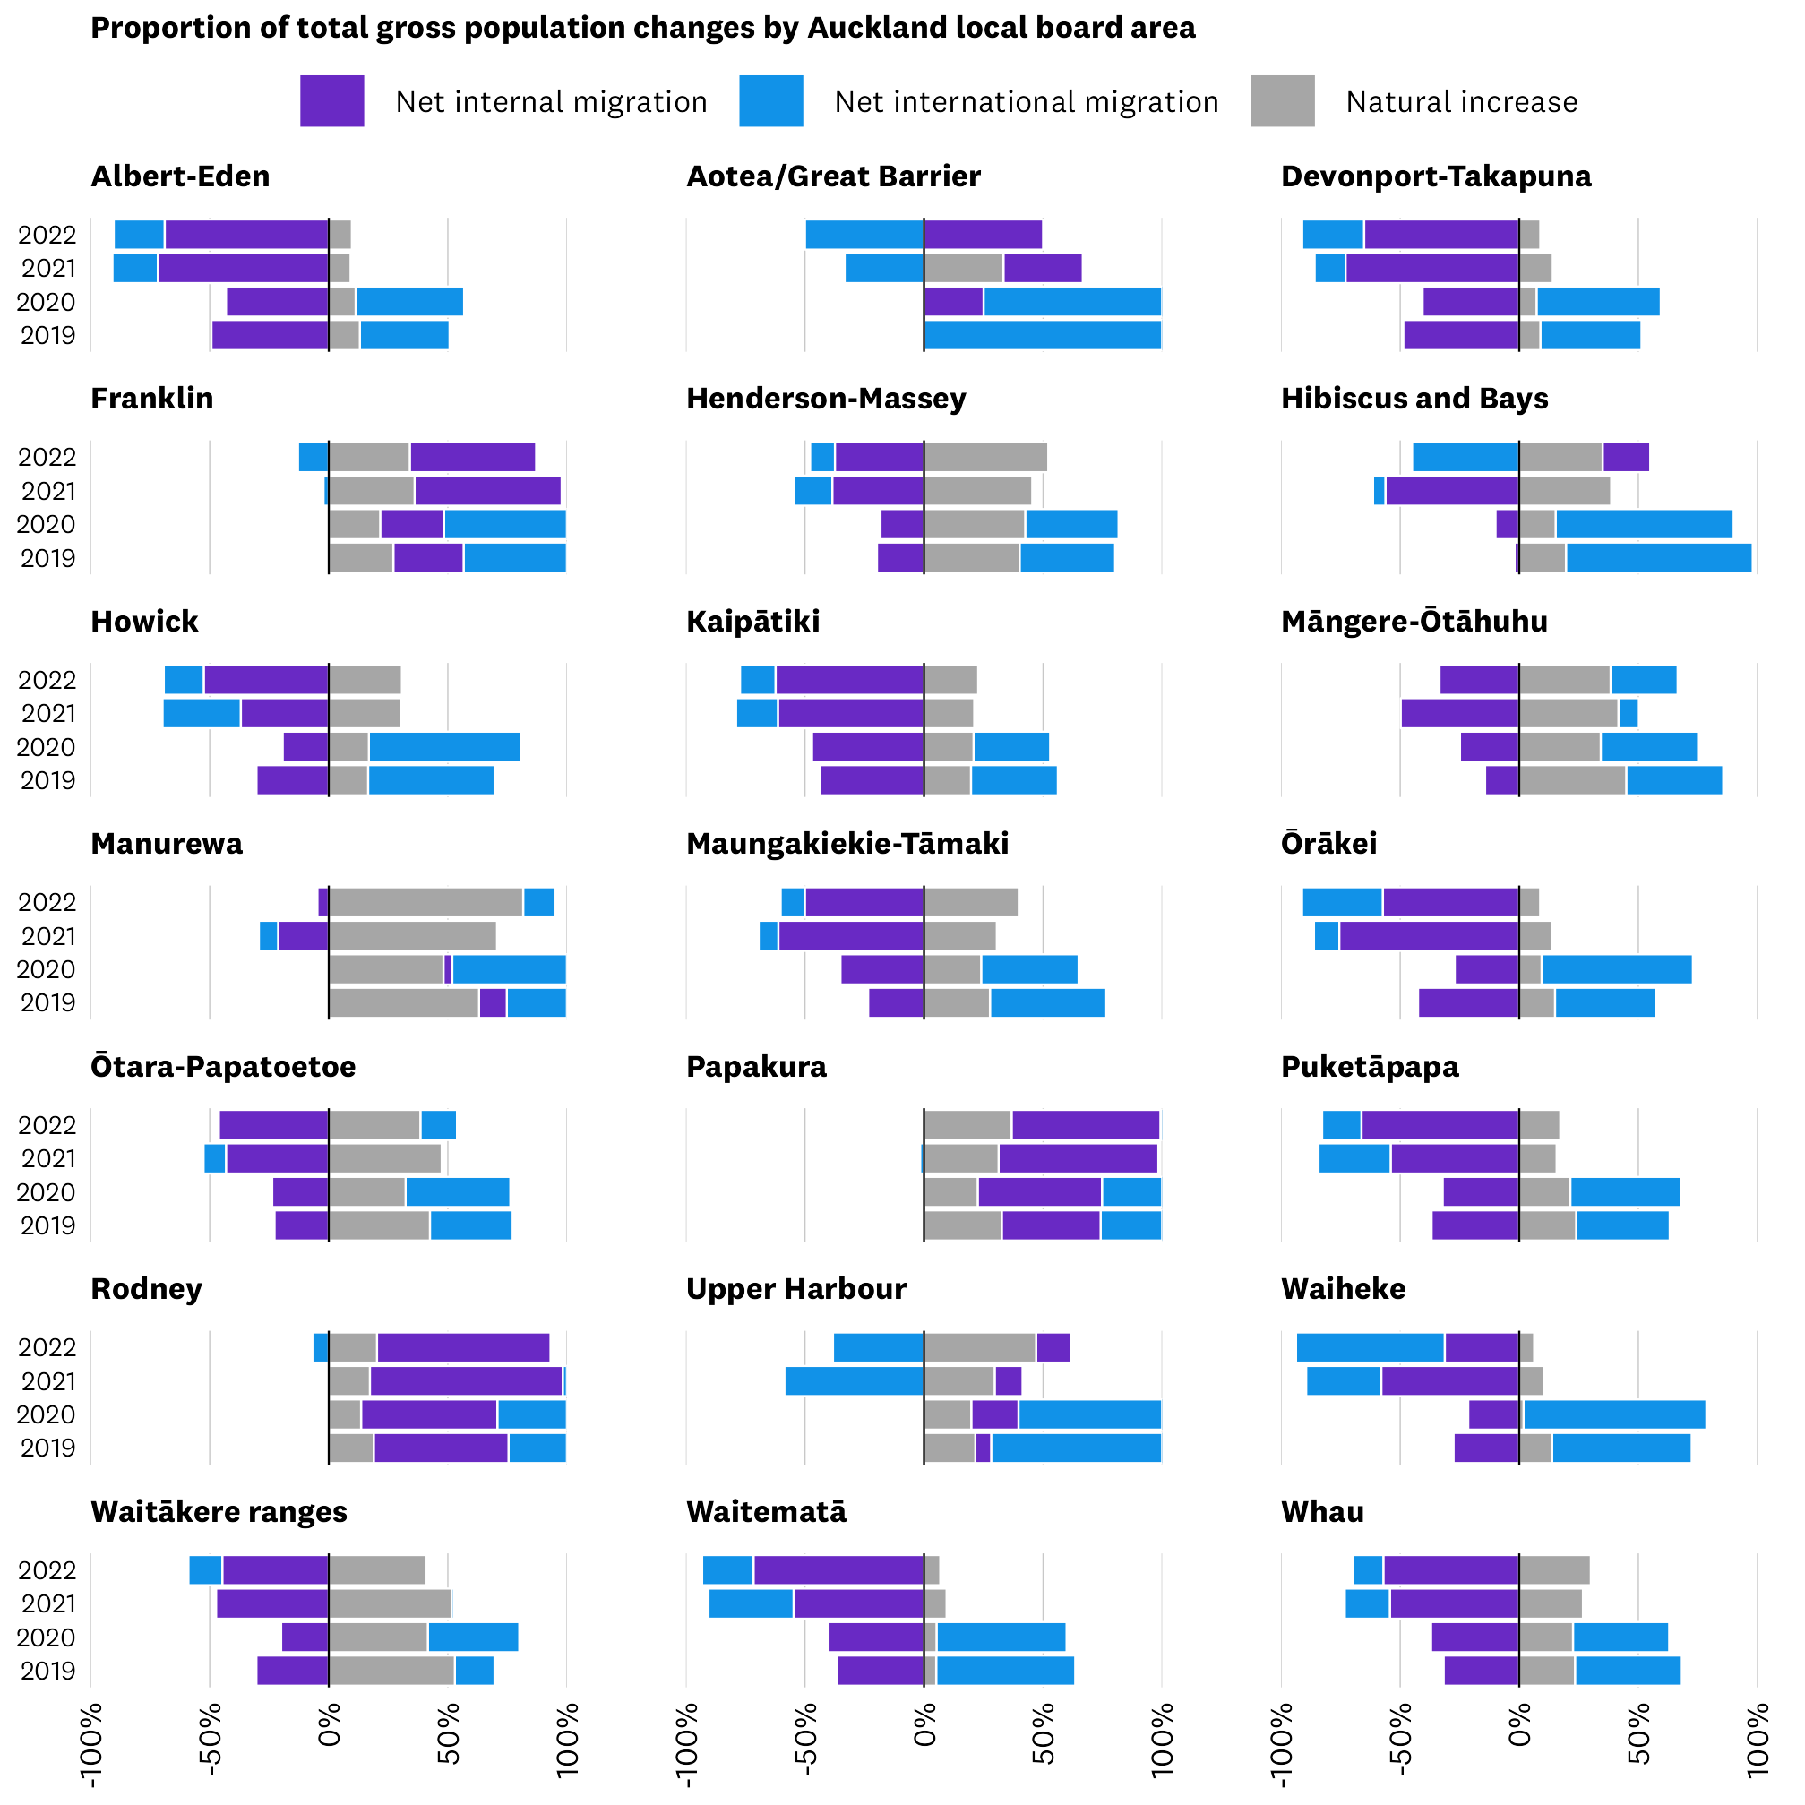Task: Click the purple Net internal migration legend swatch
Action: tap(331, 101)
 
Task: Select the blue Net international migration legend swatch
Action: tap(770, 101)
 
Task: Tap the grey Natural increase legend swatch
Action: tap(1283, 101)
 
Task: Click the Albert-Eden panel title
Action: tap(180, 176)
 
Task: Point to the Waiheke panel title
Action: tap(1343, 1289)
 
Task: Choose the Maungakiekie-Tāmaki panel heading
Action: tap(847, 844)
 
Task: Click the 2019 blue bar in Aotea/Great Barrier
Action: tap(1043, 335)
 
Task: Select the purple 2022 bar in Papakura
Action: tap(1086, 1125)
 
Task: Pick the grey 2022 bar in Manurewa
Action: tap(425, 903)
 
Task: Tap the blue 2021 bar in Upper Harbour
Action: tap(854, 1380)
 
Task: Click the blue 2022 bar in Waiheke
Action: tap(1371, 1347)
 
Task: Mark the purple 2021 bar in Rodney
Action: tap(466, 1380)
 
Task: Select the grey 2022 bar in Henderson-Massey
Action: tap(985, 458)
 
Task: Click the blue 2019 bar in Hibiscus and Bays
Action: tap(1659, 558)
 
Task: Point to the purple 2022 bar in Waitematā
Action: tap(839, 1570)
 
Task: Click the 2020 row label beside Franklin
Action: tap(47, 525)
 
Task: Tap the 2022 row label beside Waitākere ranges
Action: tap(47, 1570)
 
